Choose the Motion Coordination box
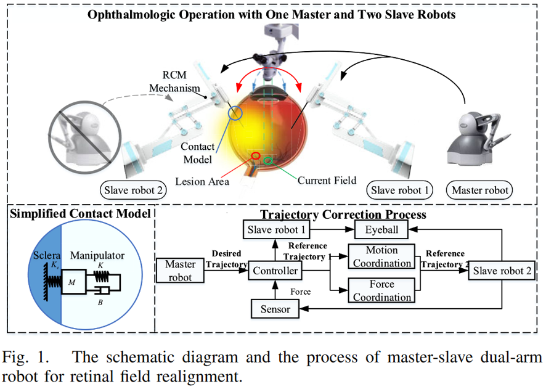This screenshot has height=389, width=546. (x=381, y=256)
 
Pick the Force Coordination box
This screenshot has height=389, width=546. (x=381, y=291)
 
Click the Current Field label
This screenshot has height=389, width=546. (x=327, y=181)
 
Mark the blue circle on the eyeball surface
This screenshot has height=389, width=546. (x=236, y=113)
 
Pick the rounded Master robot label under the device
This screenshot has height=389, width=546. (x=480, y=190)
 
